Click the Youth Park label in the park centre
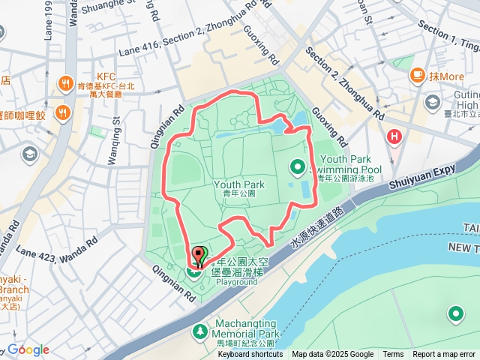coord(239,184)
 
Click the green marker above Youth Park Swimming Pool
coord(298,166)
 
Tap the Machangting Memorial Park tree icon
coord(199,331)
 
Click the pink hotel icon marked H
coord(393,136)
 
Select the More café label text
coord(448,76)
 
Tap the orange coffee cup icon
coord(417,76)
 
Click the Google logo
coord(28,349)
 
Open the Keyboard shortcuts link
coord(250,355)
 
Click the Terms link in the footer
coord(393,355)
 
